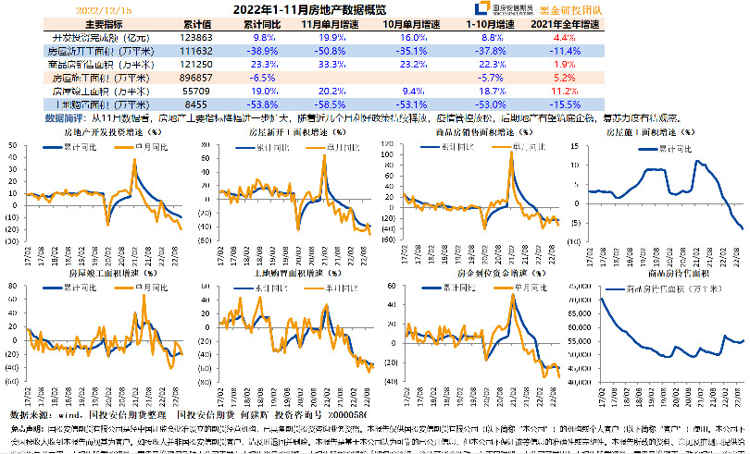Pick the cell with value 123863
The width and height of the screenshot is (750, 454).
197,37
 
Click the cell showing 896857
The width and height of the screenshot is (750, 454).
197,79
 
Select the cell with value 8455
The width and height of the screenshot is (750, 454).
197,105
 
